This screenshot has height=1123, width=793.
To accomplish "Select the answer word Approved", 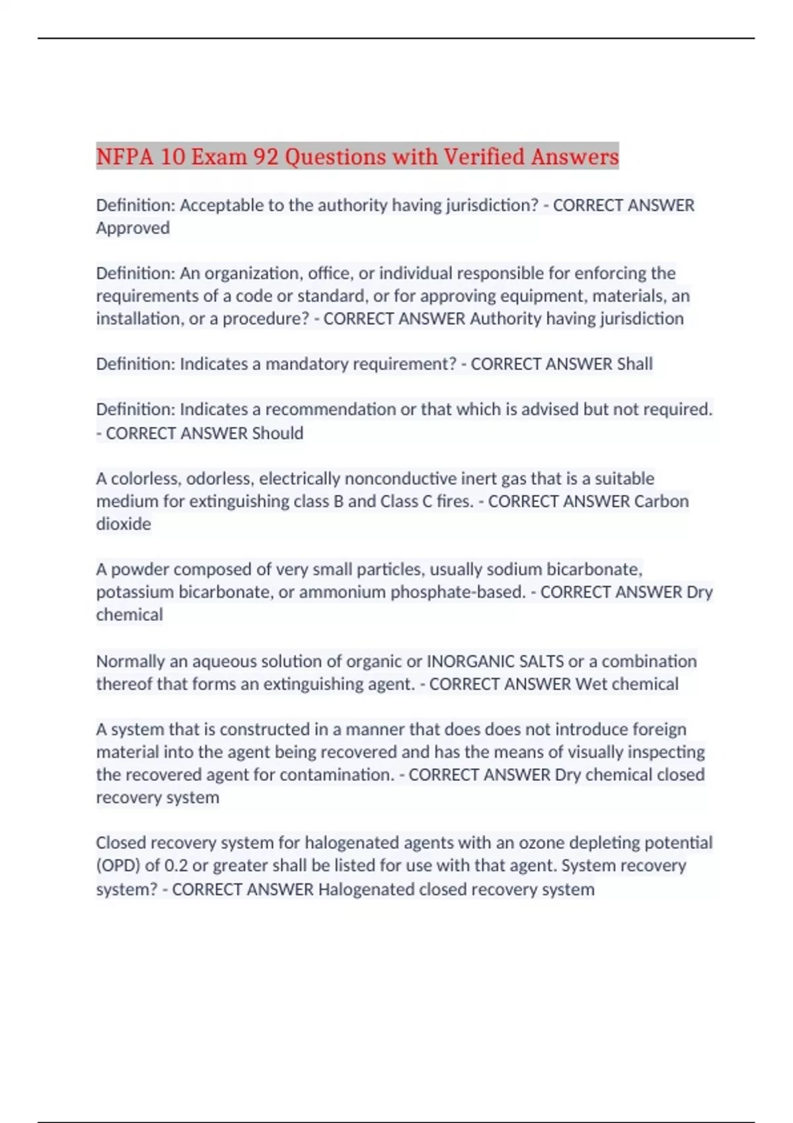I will [x=133, y=228].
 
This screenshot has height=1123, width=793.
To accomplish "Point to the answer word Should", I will [x=278, y=433].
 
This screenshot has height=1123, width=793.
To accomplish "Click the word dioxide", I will [x=124, y=524].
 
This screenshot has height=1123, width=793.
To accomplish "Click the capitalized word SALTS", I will [x=541, y=661].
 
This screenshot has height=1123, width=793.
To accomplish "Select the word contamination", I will [x=337, y=775].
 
